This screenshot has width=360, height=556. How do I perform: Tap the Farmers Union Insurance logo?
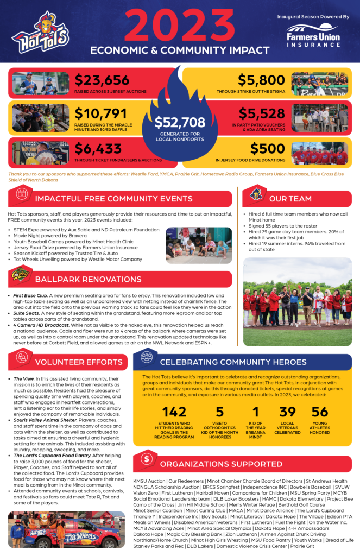pyautogui.click(x=313, y=35)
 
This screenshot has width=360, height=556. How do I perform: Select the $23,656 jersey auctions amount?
pyautogui.click(x=103, y=80)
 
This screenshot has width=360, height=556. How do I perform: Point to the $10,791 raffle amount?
pyautogui.click(x=102, y=113)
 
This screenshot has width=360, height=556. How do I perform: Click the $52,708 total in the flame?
pyautogui.click(x=180, y=122)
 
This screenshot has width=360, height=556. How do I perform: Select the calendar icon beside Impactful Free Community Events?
pyautogui.click(x=22, y=193)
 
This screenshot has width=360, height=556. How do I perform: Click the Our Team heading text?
pyautogui.click(x=290, y=199)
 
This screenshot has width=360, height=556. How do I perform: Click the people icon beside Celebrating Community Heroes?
pyautogui.click(x=146, y=357)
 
